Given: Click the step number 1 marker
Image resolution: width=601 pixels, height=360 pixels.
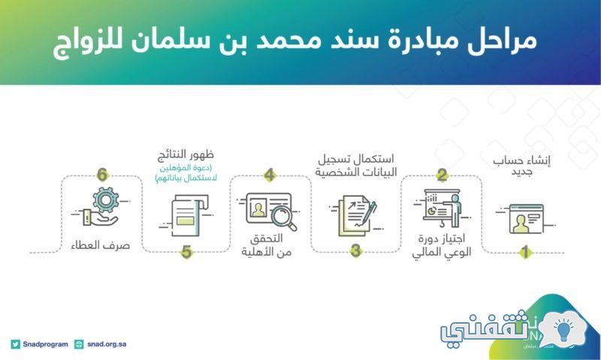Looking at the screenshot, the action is tap(525, 252).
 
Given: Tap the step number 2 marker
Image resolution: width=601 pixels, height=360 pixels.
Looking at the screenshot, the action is tap(442, 175).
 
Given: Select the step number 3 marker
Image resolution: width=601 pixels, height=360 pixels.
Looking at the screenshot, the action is tap(355, 251).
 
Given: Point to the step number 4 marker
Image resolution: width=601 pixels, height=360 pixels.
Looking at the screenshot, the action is tap(270, 175).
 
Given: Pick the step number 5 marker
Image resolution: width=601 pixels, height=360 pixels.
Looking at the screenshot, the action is tap(186, 253).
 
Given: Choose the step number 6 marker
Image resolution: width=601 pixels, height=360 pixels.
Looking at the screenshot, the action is tap(102, 175).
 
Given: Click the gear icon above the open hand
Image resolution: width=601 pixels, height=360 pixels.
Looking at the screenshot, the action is tap(105, 199).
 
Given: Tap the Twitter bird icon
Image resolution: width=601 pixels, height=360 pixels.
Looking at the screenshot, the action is tap(15, 344).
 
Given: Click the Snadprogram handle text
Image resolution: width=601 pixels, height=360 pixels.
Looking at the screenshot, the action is tap(45, 344).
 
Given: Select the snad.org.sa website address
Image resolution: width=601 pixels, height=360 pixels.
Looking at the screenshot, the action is tap(107, 344).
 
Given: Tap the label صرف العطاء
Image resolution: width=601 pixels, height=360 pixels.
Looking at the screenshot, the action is tap(101, 245).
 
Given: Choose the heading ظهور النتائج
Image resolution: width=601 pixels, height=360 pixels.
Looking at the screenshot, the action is tap(186, 156).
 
